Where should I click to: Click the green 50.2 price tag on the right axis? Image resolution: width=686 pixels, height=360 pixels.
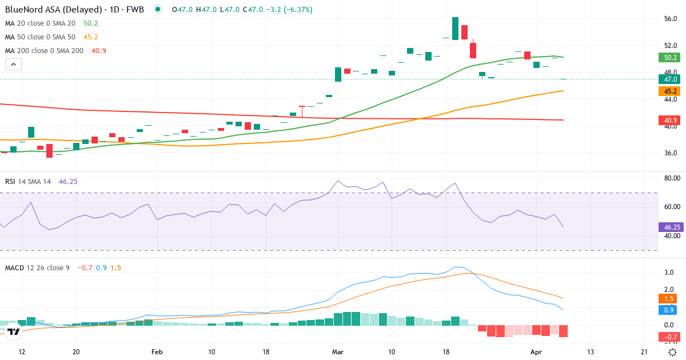[668, 57]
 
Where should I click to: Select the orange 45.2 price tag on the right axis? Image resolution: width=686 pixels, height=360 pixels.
[668, 91]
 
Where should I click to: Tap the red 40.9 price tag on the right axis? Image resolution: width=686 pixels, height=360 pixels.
[668, 120]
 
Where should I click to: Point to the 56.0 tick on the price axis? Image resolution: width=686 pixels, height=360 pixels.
[671, 19]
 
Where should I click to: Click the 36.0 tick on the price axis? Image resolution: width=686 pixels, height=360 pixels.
[671, 153]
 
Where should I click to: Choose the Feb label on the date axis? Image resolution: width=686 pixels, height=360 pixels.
[158, 351]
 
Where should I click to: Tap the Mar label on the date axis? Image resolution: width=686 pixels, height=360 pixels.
[337, 351]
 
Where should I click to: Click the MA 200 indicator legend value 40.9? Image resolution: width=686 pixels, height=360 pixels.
[99, 51]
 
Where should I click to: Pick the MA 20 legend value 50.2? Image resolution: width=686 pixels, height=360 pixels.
[91, 23]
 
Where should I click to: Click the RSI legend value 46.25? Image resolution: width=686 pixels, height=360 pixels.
[68, 181]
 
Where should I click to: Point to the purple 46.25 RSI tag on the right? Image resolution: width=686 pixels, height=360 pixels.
[668, 227]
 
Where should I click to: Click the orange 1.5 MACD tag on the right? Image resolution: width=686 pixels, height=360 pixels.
[668, 299]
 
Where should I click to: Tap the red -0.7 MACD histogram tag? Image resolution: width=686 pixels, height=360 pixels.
[668, 337]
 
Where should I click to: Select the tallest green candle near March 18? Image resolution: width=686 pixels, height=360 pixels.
[455, 29]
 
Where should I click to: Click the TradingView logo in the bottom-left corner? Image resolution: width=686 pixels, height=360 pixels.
[14, 331]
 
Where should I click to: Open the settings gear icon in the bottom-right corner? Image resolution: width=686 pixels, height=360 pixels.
[673, 352]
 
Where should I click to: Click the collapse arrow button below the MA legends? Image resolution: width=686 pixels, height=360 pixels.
[13, 65]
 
